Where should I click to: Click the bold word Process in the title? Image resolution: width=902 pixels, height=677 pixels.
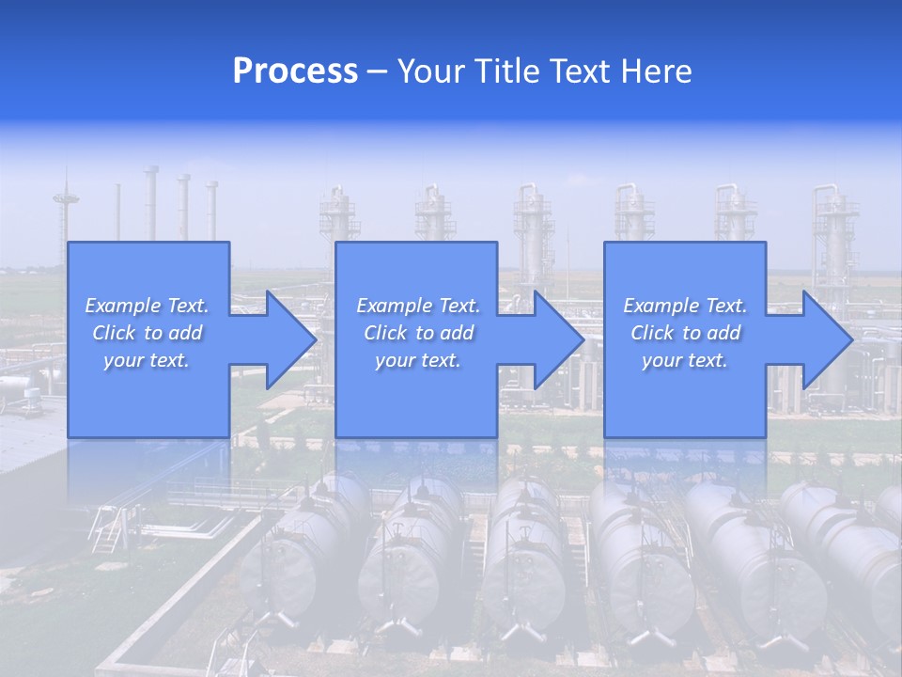point(295,71)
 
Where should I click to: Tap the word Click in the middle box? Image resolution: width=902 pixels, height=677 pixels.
point(385,333)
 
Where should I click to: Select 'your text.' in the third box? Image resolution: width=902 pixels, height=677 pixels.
point(684,360)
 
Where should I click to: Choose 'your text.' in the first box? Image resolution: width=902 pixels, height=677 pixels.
point(147,360)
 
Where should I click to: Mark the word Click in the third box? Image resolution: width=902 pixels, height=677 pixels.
point(652,333)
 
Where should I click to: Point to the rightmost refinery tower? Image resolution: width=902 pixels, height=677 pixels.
point(833,244)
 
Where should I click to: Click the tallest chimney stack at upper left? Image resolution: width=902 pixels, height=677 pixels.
point(150,202)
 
